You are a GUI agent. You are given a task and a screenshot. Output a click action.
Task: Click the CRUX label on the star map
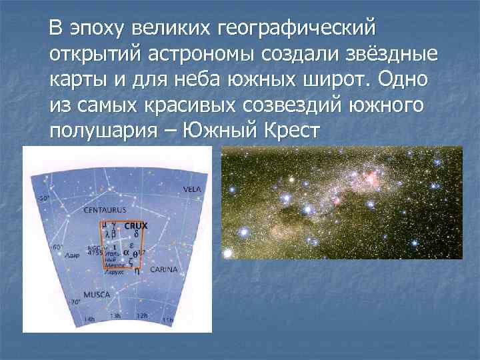tap(136, 225)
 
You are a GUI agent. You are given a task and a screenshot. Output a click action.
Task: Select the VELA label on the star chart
tap(191, 189)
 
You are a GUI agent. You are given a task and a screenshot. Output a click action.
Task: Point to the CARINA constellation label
tap(163, 270)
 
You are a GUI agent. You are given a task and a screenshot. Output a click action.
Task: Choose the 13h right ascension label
tap(115, 316)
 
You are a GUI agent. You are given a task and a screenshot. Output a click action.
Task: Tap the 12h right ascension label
tap(141, 315)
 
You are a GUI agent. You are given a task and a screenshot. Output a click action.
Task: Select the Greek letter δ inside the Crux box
tap(136, 234)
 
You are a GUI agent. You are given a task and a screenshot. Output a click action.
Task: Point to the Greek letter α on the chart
tap(125, 253)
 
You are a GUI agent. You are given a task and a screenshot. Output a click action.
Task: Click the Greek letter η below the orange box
tap(137, 271)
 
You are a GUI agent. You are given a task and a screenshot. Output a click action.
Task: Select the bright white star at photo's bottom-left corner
tap(229, 253)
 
